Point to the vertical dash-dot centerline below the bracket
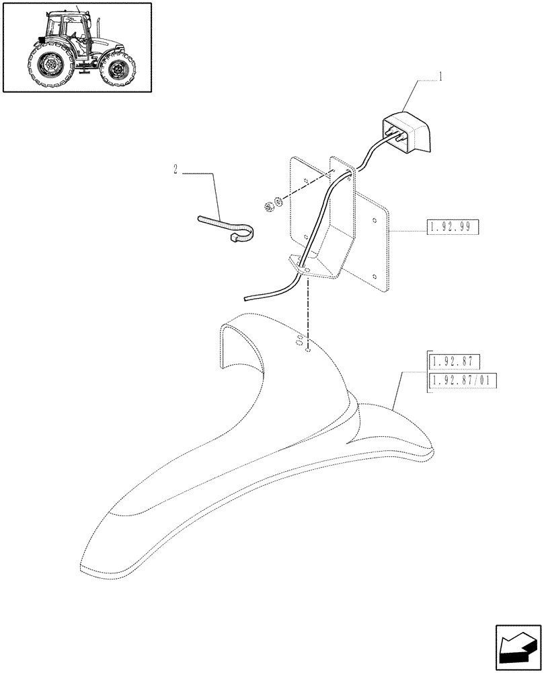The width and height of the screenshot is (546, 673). pyautogui.click(x=307, y=310)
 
